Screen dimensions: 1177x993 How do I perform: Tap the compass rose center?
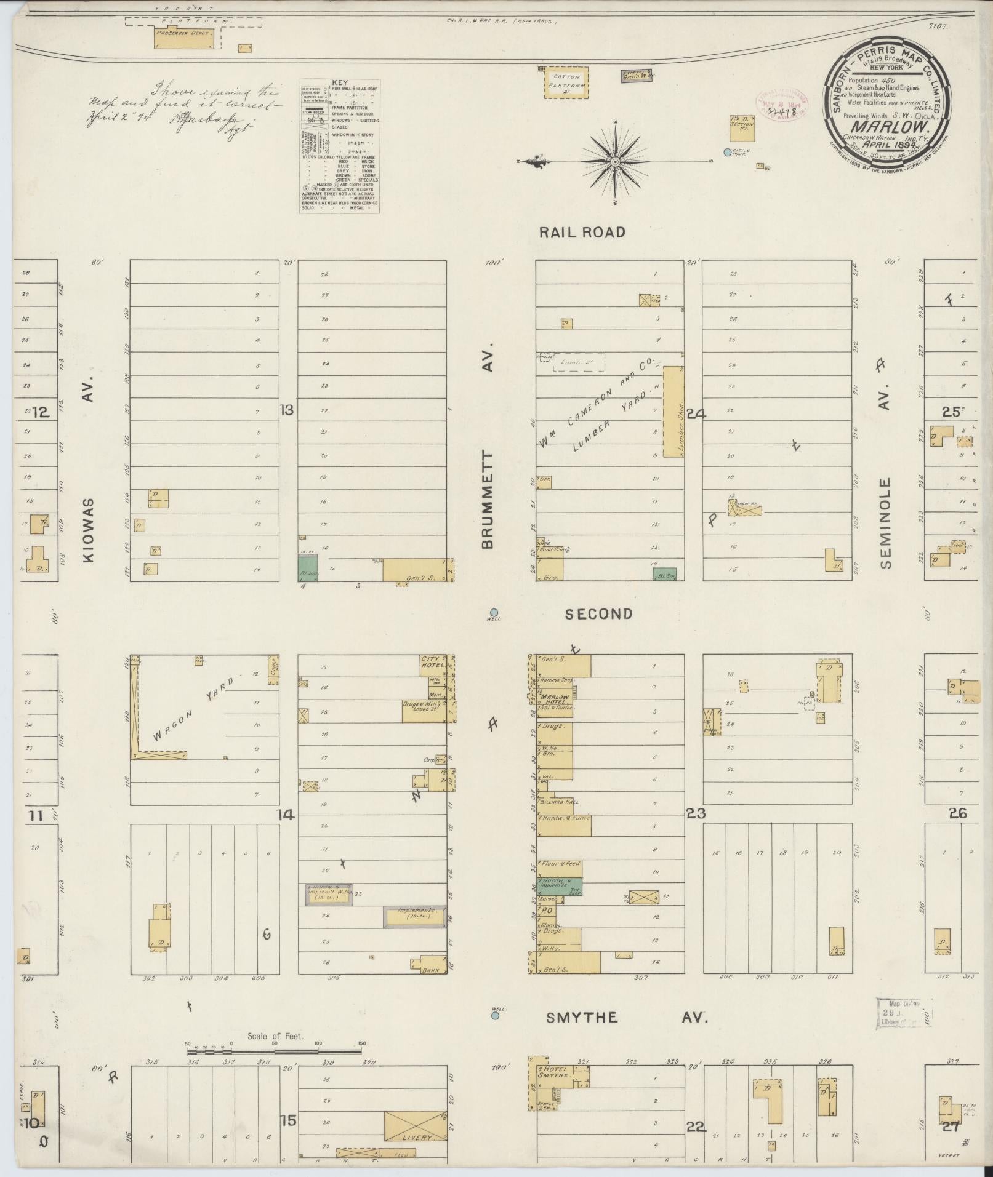pos(615,162)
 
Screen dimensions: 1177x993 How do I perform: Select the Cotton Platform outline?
pos(566,82)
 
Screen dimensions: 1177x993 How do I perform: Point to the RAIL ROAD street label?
pos(582,232)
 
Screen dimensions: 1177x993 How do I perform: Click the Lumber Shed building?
pos(673,411)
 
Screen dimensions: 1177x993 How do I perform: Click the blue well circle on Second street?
pos(494,612)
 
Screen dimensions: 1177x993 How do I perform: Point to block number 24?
pos(696,414)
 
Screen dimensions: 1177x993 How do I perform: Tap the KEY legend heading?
pos(339,82)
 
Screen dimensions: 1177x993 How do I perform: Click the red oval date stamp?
pos(782,104)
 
